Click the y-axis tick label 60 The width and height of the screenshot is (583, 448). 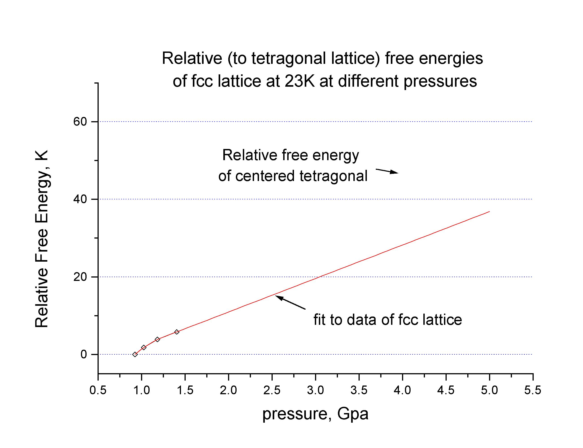click(x=80, y=122)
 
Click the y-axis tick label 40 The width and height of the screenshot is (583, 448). click(x=80, y=199)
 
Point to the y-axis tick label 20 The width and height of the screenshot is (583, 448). click(x=80, y=277)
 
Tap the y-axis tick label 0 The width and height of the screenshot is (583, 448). click(x=84, y=354)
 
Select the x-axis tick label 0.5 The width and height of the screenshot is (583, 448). click(x=98, y=390)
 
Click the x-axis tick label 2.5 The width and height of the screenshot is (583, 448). click(x=272, y=390)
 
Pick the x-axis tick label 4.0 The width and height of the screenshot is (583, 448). click(x=402, y=390)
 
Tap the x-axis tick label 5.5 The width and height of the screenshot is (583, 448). click(x=533, y=390)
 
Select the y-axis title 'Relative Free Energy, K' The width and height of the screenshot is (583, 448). click(x=42, y=239)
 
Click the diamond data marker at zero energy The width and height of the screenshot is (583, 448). click(x=135, y=354)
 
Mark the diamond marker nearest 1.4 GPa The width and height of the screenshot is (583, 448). click(x=177, y=332)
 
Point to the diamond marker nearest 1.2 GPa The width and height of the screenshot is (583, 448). click(x=157, y=339)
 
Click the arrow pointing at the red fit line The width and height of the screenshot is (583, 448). click(x=290, y=302)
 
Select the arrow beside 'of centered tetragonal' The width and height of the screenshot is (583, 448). click(x=387, y=171)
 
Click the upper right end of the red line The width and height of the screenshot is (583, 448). click(x=489, y=211)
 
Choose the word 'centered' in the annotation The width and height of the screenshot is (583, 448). click(x=265, y=176)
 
